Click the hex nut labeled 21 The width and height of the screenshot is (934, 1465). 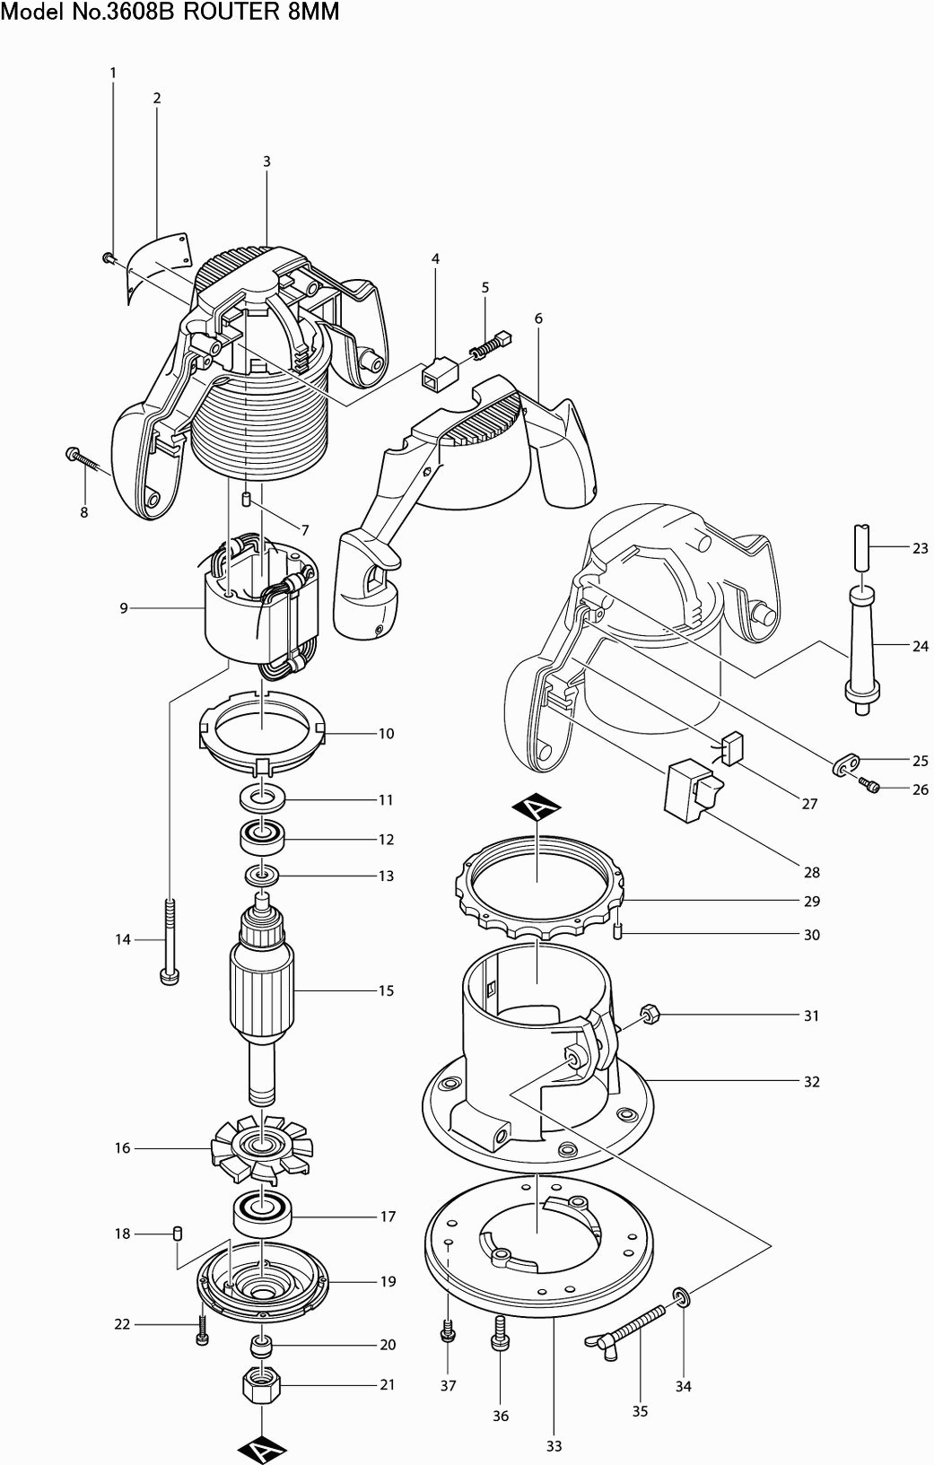click(262, 1385)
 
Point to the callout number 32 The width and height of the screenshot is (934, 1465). click(811, 1082)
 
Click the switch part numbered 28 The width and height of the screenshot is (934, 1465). click(691, 788)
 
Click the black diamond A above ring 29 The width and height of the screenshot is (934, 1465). click(536, 808)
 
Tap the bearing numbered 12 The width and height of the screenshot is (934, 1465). click(262, 840)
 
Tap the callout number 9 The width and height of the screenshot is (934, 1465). click(124, 608)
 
